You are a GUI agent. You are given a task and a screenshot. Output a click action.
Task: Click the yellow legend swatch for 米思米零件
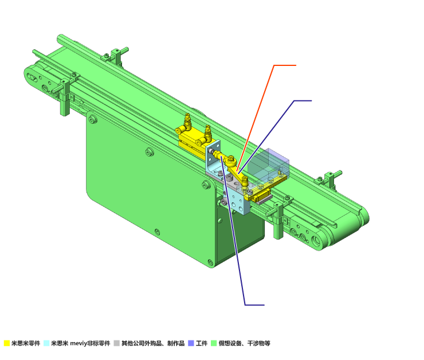coord(7,343)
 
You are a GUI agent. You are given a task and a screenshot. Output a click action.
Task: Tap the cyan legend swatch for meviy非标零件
coord(46,343)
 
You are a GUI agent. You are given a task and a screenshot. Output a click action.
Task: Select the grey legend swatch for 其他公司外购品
coord(116,343)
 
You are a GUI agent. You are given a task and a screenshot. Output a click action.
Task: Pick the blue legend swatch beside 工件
coord(191,343)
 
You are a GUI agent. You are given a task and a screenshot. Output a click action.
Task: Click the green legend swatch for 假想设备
coord(214,343)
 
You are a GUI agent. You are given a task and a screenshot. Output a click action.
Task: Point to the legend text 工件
coord(202,343)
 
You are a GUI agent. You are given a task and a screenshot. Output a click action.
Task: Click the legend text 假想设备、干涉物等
coord(245,343)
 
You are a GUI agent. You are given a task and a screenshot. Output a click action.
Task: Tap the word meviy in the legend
coord(78,343)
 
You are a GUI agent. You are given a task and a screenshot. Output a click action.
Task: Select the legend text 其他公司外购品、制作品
coord(153,343)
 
